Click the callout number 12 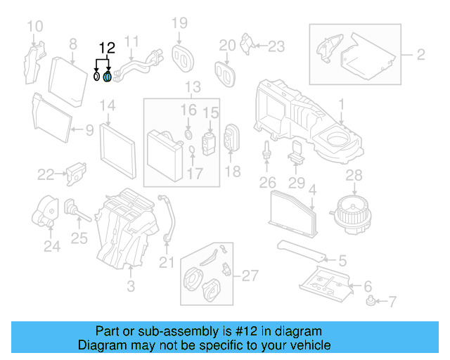pyautogui.click(x=106, y=49)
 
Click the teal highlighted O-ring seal pyautogui.click(x=107, y=76)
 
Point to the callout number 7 pyautogui.click(x=392, y=302)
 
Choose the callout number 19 pyautogui.click(x=180, y=24)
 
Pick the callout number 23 pyautogui.click(x=276, y=46)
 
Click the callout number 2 pyautogui.click(x=420, y=54)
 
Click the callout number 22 pyautogui.click(x=46, y=174)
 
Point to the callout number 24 pyautogui.click(x=51, y=246)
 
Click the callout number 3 pyautogui.click(x=131, y=286)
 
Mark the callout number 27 pyautogui.click(x=250, y=275)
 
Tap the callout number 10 pyautogui.click(x=34, y=27)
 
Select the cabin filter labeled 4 pyautogui.click(x=291, y=210)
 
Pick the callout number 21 pyautogui.click(x=165, y=263)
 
